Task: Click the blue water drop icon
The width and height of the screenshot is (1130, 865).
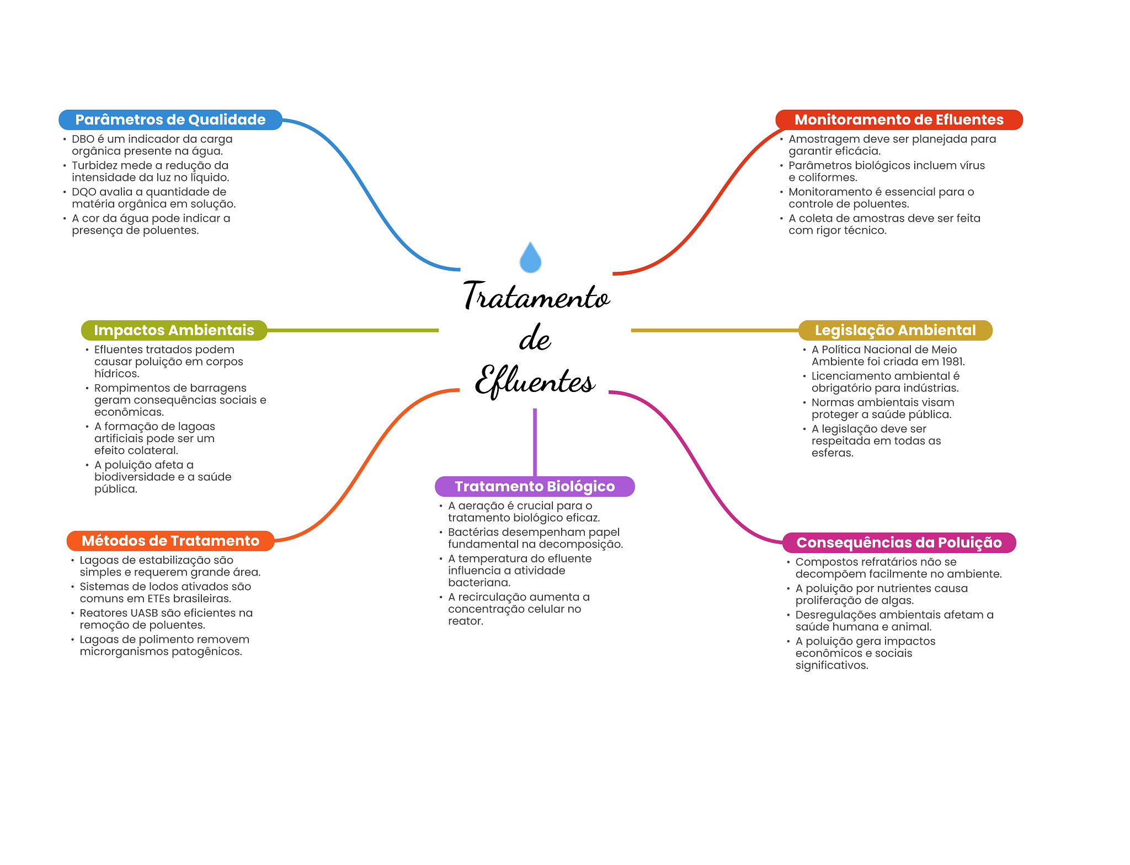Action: pyautogui.click(x=530, y=258)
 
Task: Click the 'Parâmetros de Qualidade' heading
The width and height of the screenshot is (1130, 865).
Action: pyautogui.click(x=170, y=120)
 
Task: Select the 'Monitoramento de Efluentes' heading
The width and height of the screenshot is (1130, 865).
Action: pyautogui.click(x=898, y=120)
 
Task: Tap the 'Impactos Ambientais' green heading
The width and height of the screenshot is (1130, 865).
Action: pyautogui.click(x=174, y=330)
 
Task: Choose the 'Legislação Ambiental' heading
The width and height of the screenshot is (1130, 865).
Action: pyautogui.click(x=895, y=330)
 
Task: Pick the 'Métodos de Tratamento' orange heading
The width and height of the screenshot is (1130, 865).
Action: pyautogui.click(x=170, y=541)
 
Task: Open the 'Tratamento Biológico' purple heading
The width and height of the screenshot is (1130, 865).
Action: pyautogui.click(x=534, y=486)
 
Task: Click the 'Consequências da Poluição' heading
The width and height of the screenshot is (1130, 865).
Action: pyautogui.click(x=898, y=542)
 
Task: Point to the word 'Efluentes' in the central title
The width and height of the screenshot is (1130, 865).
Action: pyautogui.click(x=535, y=380)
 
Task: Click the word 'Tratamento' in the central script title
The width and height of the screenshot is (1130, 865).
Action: pyautogui.click(x=536, y=297)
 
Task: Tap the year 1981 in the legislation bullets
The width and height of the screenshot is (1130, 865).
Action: pyautogui.click(x=952, y=362)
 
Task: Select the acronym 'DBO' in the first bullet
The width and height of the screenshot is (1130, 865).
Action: pyautogui.click(x=83, y=139)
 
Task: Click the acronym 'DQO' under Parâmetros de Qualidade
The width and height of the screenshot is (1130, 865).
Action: pyautogui.click(x=84, y=192)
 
